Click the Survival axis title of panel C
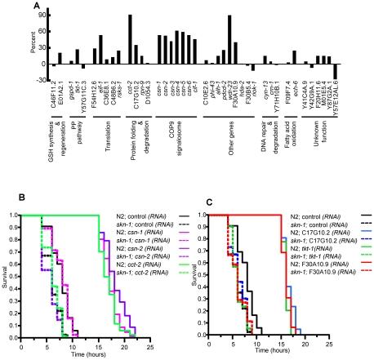click(202, 276)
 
